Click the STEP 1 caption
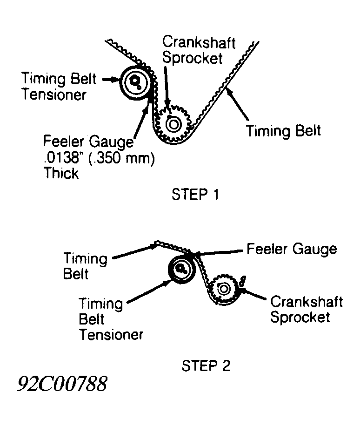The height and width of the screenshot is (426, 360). [x=195, y=194]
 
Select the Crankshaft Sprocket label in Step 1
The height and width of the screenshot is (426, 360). [x=199, y=50]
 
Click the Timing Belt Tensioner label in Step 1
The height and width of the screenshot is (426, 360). [x=59, y=87]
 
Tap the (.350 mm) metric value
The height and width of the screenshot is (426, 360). [x=122, y=158]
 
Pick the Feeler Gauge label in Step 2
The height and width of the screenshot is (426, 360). [x=292, y=249]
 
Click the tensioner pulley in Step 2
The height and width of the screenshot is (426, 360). [x=181, y=268]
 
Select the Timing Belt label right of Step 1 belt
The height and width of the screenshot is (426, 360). [x=283, y=130]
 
